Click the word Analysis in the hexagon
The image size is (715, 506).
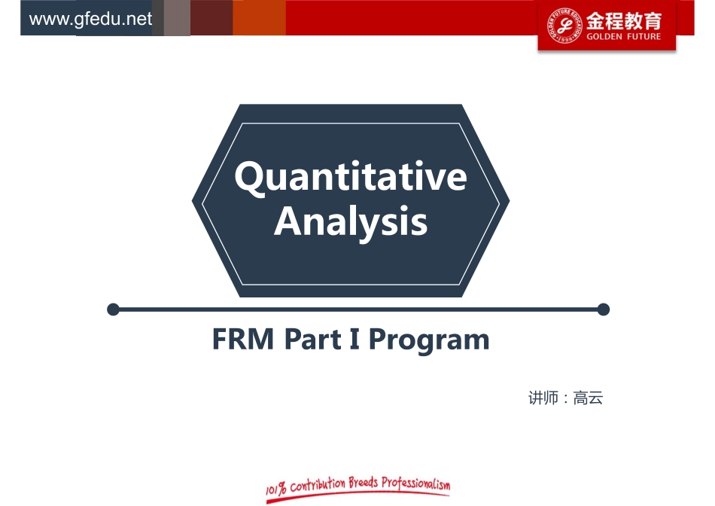(x=351, y=222)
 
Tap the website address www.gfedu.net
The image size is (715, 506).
(x=90, y=19)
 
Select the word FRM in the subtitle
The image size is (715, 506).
(x=243, y=340)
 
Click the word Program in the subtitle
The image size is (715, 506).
(x=428, y=340)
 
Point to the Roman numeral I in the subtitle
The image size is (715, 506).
(x=354, y=340)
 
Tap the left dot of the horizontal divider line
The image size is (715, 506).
(x=114, y=309)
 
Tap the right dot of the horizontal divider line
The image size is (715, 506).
(x=603, y=309)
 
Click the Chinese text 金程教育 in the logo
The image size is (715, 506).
(x=624, y=20)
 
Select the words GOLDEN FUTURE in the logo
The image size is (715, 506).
(x=624, y=36)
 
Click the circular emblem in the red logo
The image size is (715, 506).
(x=565, y=26)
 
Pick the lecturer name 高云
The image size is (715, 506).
(x=589, y=398)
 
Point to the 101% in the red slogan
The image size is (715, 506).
(x=276, y=490)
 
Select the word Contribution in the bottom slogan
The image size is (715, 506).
(x=318, y=484)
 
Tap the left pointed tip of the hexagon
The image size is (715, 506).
(x=194, y=201)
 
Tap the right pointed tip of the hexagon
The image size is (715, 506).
(x=508, y=201)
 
